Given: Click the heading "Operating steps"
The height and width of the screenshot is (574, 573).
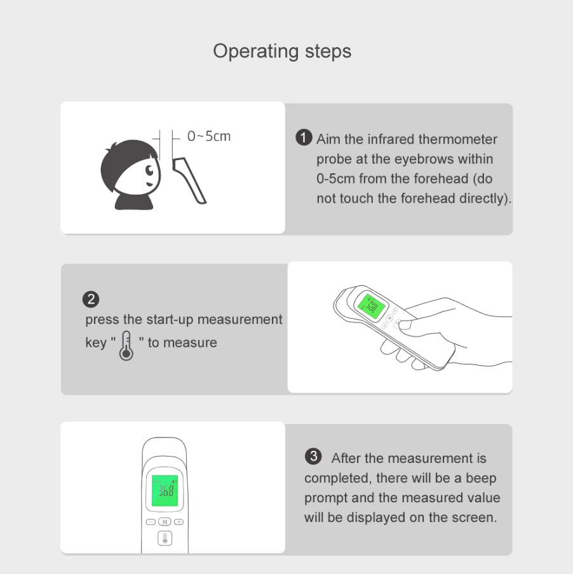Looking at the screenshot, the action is (x=282, y=51).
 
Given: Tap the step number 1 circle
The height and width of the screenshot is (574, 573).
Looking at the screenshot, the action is (x=304, y=138).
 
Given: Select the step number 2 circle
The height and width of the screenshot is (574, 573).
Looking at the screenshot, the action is (x=91, y=299).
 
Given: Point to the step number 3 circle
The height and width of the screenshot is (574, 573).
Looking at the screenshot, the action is (x=313, y=457).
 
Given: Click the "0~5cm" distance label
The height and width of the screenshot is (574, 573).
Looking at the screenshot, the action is (x=209, y=136).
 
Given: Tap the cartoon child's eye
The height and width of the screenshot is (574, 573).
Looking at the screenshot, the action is (x=150, y=170).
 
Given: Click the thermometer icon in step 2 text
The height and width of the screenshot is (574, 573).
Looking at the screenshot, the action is (x=126, y=345).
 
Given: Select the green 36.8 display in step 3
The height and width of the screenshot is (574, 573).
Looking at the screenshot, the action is (x=165, y=491).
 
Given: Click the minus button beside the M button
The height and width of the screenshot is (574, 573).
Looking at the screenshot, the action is (x=151, y=522).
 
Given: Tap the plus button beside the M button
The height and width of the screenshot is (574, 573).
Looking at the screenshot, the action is (x=179, y=522).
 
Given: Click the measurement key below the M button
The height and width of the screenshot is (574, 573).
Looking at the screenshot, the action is (x=165, y=538).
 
